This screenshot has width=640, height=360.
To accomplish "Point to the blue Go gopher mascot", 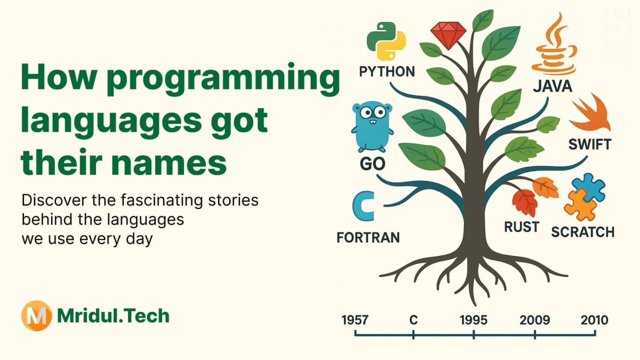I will [372, 128].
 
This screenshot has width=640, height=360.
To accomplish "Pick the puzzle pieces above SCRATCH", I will [584, 197].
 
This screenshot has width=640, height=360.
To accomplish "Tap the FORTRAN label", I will [368, 237].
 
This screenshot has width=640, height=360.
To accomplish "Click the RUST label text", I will [521, 227].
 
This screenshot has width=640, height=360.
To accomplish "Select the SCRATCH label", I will [582, 232].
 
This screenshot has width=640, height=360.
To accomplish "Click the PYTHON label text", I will [387, 71].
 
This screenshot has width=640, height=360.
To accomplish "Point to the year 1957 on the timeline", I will [354, 320].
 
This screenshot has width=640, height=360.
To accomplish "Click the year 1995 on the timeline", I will [473, 320].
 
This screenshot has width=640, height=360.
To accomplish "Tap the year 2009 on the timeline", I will [534, 320].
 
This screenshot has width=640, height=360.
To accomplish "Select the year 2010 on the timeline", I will [594, 320].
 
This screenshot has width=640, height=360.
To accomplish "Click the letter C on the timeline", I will [413, 320].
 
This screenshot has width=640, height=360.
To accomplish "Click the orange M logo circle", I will [36, 316].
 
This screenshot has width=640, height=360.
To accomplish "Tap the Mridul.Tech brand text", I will [113, 316].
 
